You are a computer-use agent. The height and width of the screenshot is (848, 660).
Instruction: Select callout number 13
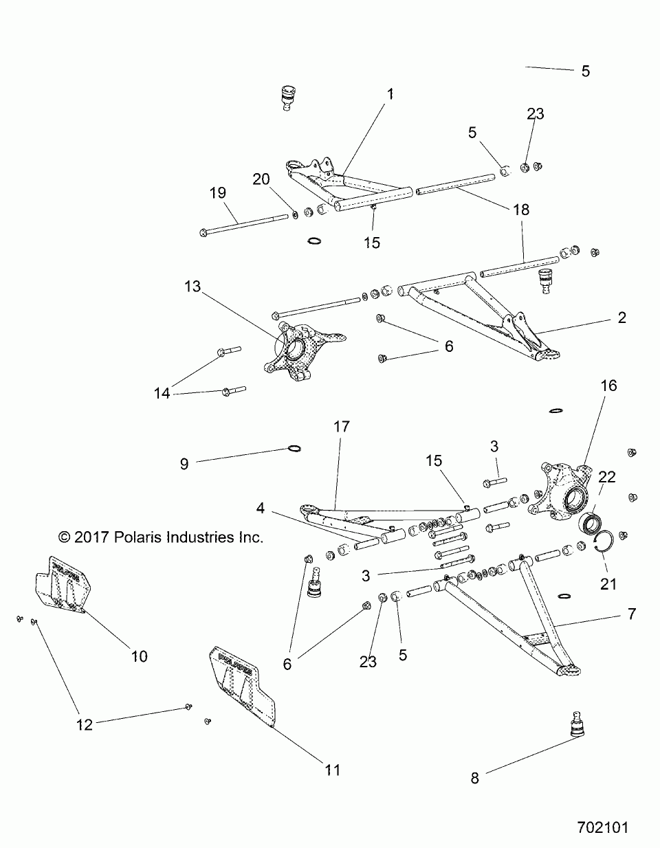pyautogui.click(x=192, y=287)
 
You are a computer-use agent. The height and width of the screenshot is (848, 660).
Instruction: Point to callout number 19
pyautogui.click(x=217, y=194)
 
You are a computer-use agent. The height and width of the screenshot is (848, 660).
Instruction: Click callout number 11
pyautogui.click(x=332, y=770)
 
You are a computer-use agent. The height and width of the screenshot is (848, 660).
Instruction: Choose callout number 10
pyautogui.click(x=139, y=656)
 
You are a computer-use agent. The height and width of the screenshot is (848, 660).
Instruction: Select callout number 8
pyautogui.click(x=474, y=778)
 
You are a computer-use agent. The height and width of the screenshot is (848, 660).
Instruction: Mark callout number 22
pyautogui.click(x=606, y=476)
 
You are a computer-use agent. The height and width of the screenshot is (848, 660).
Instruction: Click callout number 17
pyautogui.click(x=342, y=427)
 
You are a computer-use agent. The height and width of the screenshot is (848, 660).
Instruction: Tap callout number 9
pyautogui.click(x=184, y=464)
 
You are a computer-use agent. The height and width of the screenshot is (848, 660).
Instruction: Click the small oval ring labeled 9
pyautogui.click(x=294, y=449)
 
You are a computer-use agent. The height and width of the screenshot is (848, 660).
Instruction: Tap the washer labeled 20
pyautogui.click(x=295, y=214)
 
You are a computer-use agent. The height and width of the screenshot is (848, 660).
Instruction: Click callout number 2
pyautogui.click(x=621, y=317)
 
